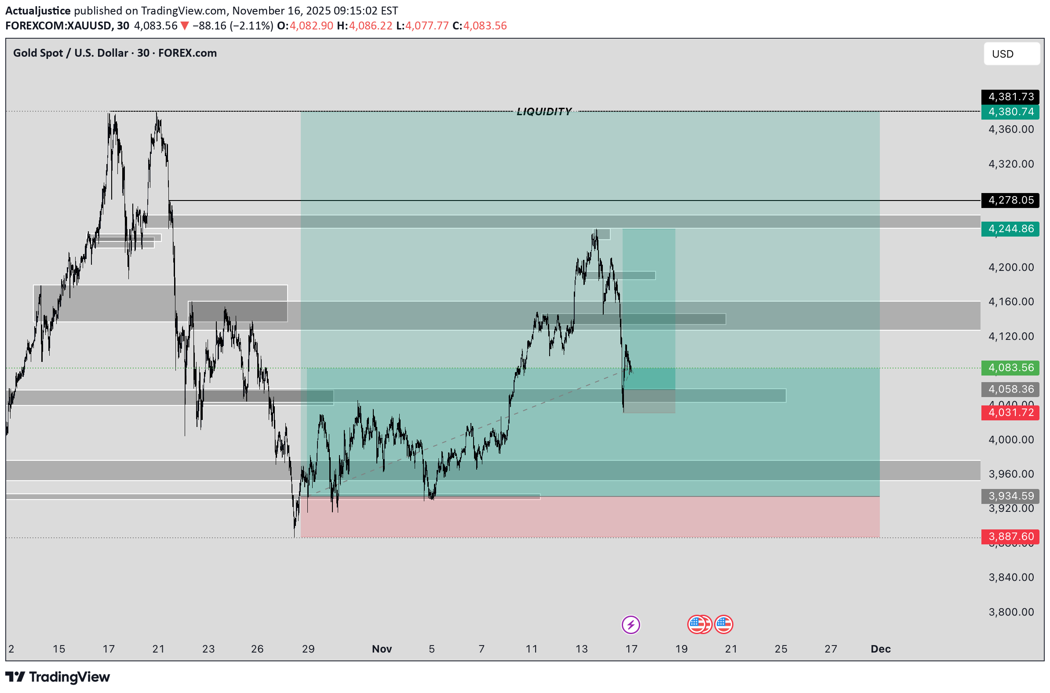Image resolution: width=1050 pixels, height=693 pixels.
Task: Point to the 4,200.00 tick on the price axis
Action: (x=1011, y=267)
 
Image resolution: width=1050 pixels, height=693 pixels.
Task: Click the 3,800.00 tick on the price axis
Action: (x=1011, y=612)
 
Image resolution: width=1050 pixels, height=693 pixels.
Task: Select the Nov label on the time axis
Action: (x=381, y=648)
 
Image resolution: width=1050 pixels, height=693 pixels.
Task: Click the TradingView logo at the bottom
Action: (x=58, y=677)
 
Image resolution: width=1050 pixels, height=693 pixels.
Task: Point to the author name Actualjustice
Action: (x=38, y=11)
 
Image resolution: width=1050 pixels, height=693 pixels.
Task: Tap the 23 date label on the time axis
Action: (x=208, y=648)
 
